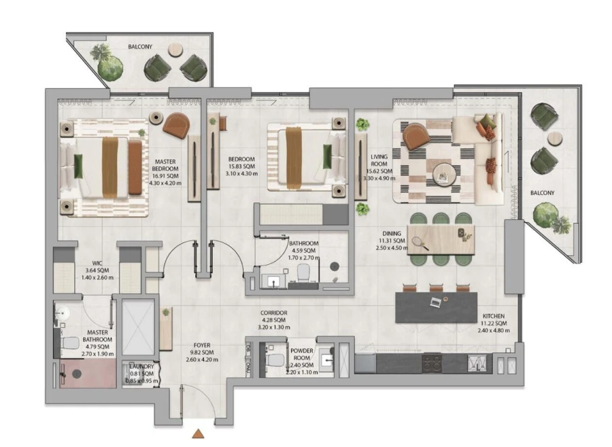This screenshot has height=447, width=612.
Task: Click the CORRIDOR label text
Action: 274,314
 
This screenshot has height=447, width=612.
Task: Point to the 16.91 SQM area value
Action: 166,175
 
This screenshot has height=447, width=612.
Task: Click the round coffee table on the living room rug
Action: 445,174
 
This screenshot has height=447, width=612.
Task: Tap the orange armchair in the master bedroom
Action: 176,124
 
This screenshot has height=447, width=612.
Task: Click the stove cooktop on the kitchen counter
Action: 432,363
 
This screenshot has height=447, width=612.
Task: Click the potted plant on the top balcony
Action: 109,65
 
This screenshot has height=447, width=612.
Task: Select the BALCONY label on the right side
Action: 543,193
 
